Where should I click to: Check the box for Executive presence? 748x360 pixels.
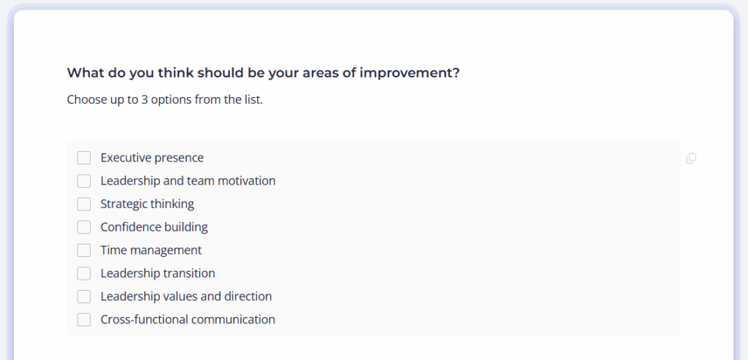click(84, 158)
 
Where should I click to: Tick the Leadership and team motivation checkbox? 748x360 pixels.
click(84, 180)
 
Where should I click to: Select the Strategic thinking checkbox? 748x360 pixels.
click(84, 204)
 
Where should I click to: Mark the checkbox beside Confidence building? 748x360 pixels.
click(84, 227)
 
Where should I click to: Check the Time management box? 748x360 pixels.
click(84, 250)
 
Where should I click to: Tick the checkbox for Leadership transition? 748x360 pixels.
click(84, 273)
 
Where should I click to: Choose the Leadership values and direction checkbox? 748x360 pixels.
click(84, 296)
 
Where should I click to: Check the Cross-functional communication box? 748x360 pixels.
click(84, 319)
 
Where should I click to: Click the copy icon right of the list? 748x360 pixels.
click(691, 158)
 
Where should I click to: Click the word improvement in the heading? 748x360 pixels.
click(409, 74)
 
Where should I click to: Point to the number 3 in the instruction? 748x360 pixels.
click(144, 99)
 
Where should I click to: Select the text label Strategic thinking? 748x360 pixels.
click(147, 204)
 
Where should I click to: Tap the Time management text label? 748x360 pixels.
click(150, 250)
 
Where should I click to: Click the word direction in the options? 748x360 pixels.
click(248, 296)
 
